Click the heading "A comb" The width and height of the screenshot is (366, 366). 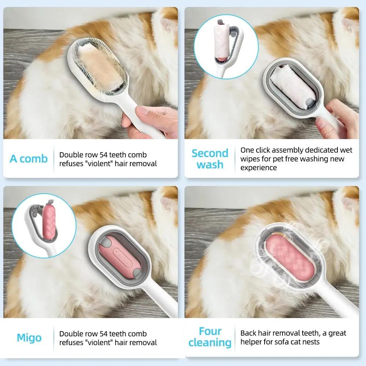pyautogui.click(x=29, y=159)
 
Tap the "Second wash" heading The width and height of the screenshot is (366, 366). pyautogui.click(x=210, y=159)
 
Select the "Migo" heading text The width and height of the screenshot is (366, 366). pyautogui.click(x=29, y=337)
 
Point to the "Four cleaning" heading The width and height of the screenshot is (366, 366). pyautogui.click(x=210, y=337)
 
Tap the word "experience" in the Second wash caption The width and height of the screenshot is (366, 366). pyautogui.click(x=258, y=168)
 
